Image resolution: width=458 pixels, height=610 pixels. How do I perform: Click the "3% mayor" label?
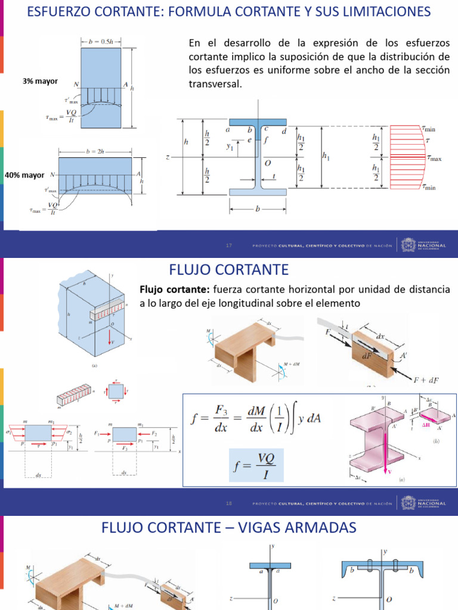coord(41,81)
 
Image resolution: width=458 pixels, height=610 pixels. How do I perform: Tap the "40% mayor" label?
coord(25,176)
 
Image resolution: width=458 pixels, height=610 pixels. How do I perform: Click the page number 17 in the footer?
coord(228,245)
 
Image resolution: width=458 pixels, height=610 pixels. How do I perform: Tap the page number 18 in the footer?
coord(228,503)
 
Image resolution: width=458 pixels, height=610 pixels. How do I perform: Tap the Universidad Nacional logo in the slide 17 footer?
coord(424,245)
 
